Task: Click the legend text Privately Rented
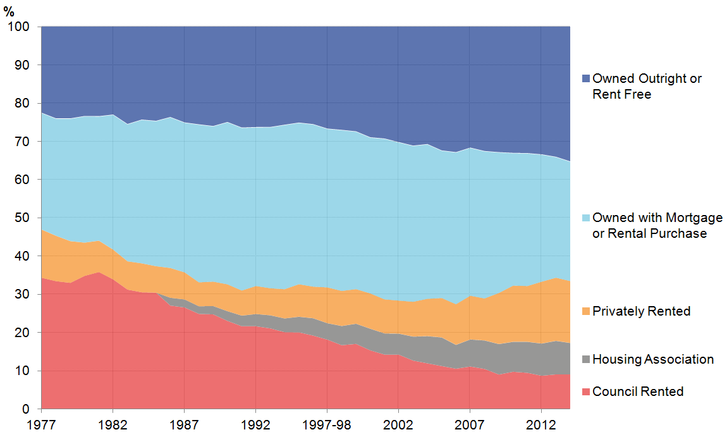pos(641,312)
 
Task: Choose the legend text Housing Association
pos(653,360)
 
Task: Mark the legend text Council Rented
pos(638,392)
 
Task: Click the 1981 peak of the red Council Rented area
pos(98,273)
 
